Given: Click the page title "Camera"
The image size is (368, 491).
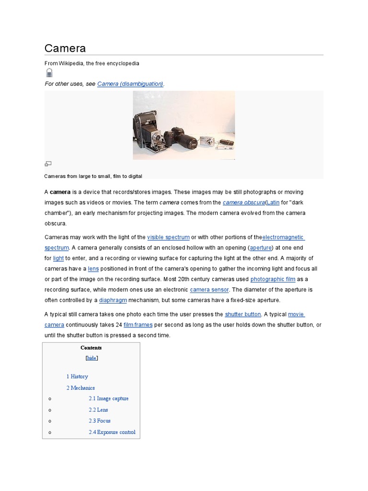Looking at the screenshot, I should (x=65, y=48).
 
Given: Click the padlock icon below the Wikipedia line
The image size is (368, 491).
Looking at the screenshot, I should (x=49, y=73).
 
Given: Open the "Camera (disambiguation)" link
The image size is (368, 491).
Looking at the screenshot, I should (x=130, y=84).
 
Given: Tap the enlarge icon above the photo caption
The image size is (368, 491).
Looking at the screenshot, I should (x=48, y=164).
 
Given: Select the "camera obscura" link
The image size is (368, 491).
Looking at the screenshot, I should (x=243, y=202).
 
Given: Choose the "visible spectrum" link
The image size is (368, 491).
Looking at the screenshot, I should (x=168, y=237).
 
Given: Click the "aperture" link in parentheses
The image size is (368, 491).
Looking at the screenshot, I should (x=261, y=248).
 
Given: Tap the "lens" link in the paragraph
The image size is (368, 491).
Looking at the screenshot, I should (x=93, y=269).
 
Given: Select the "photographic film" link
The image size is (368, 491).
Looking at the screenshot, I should (x=273, y=279).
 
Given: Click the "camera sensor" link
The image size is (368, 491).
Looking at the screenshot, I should (x=209, y=290).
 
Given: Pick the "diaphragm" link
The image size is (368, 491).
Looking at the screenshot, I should (x=113, y=300).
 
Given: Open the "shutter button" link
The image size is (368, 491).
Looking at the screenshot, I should (x=243, y=315).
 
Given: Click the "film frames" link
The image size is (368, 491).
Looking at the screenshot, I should (x=138, y=325).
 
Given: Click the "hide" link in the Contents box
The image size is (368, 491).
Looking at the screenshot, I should (x=91, y=358).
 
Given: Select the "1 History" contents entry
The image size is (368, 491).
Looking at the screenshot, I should (x=77, y=376).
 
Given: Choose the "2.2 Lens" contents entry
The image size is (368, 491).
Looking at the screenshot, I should (x=98, y=410).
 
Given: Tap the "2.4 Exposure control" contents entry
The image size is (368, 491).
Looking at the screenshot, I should (x=112, y=432).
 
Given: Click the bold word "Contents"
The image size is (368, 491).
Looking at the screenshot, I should (x=91, y=348).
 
